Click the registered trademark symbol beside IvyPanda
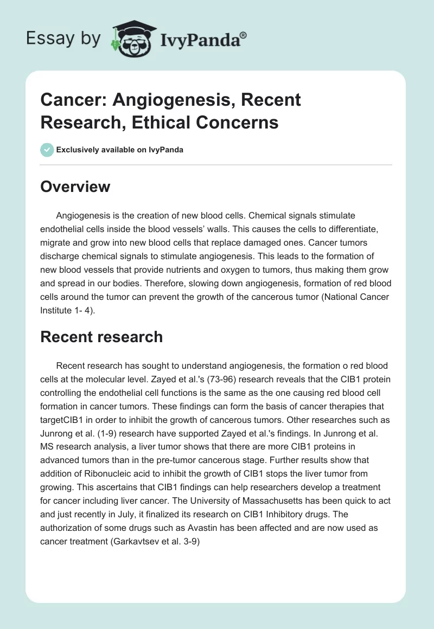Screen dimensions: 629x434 [244, 35]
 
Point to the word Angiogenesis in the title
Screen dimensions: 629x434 [163, 100]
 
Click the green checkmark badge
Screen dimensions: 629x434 [47, 150]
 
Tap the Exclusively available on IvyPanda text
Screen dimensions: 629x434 [119, 150]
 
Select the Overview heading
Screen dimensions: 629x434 [75, 187]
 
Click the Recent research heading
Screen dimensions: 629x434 [101, 337]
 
